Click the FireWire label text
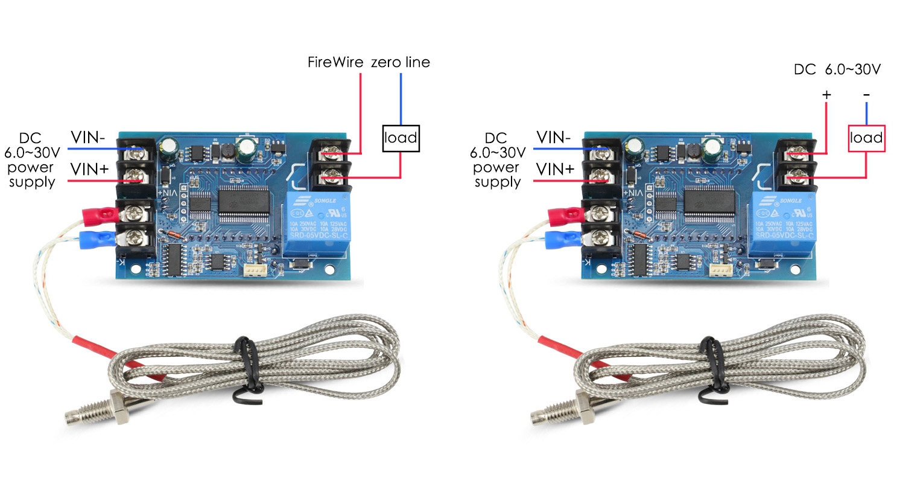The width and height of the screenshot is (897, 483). click(x=335, y=62)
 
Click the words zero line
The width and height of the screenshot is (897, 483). click(x=401, y=62)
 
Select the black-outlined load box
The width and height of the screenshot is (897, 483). click(x=401, y=138)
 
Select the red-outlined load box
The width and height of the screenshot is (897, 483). click(x=866, y=138)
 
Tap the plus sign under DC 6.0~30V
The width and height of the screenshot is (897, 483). click(x=826, y=95)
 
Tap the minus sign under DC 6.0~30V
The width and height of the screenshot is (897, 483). click(x=866, y=95)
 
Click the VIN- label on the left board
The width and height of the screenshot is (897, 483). click(x=88, y=137)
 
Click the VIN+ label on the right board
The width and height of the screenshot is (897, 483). click(x=554, y=170)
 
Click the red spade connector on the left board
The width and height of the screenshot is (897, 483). click(x=100, y=213)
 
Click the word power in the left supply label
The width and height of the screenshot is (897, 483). click(x=31, y=167)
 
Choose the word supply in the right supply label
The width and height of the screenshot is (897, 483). click(x=497, y=182)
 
